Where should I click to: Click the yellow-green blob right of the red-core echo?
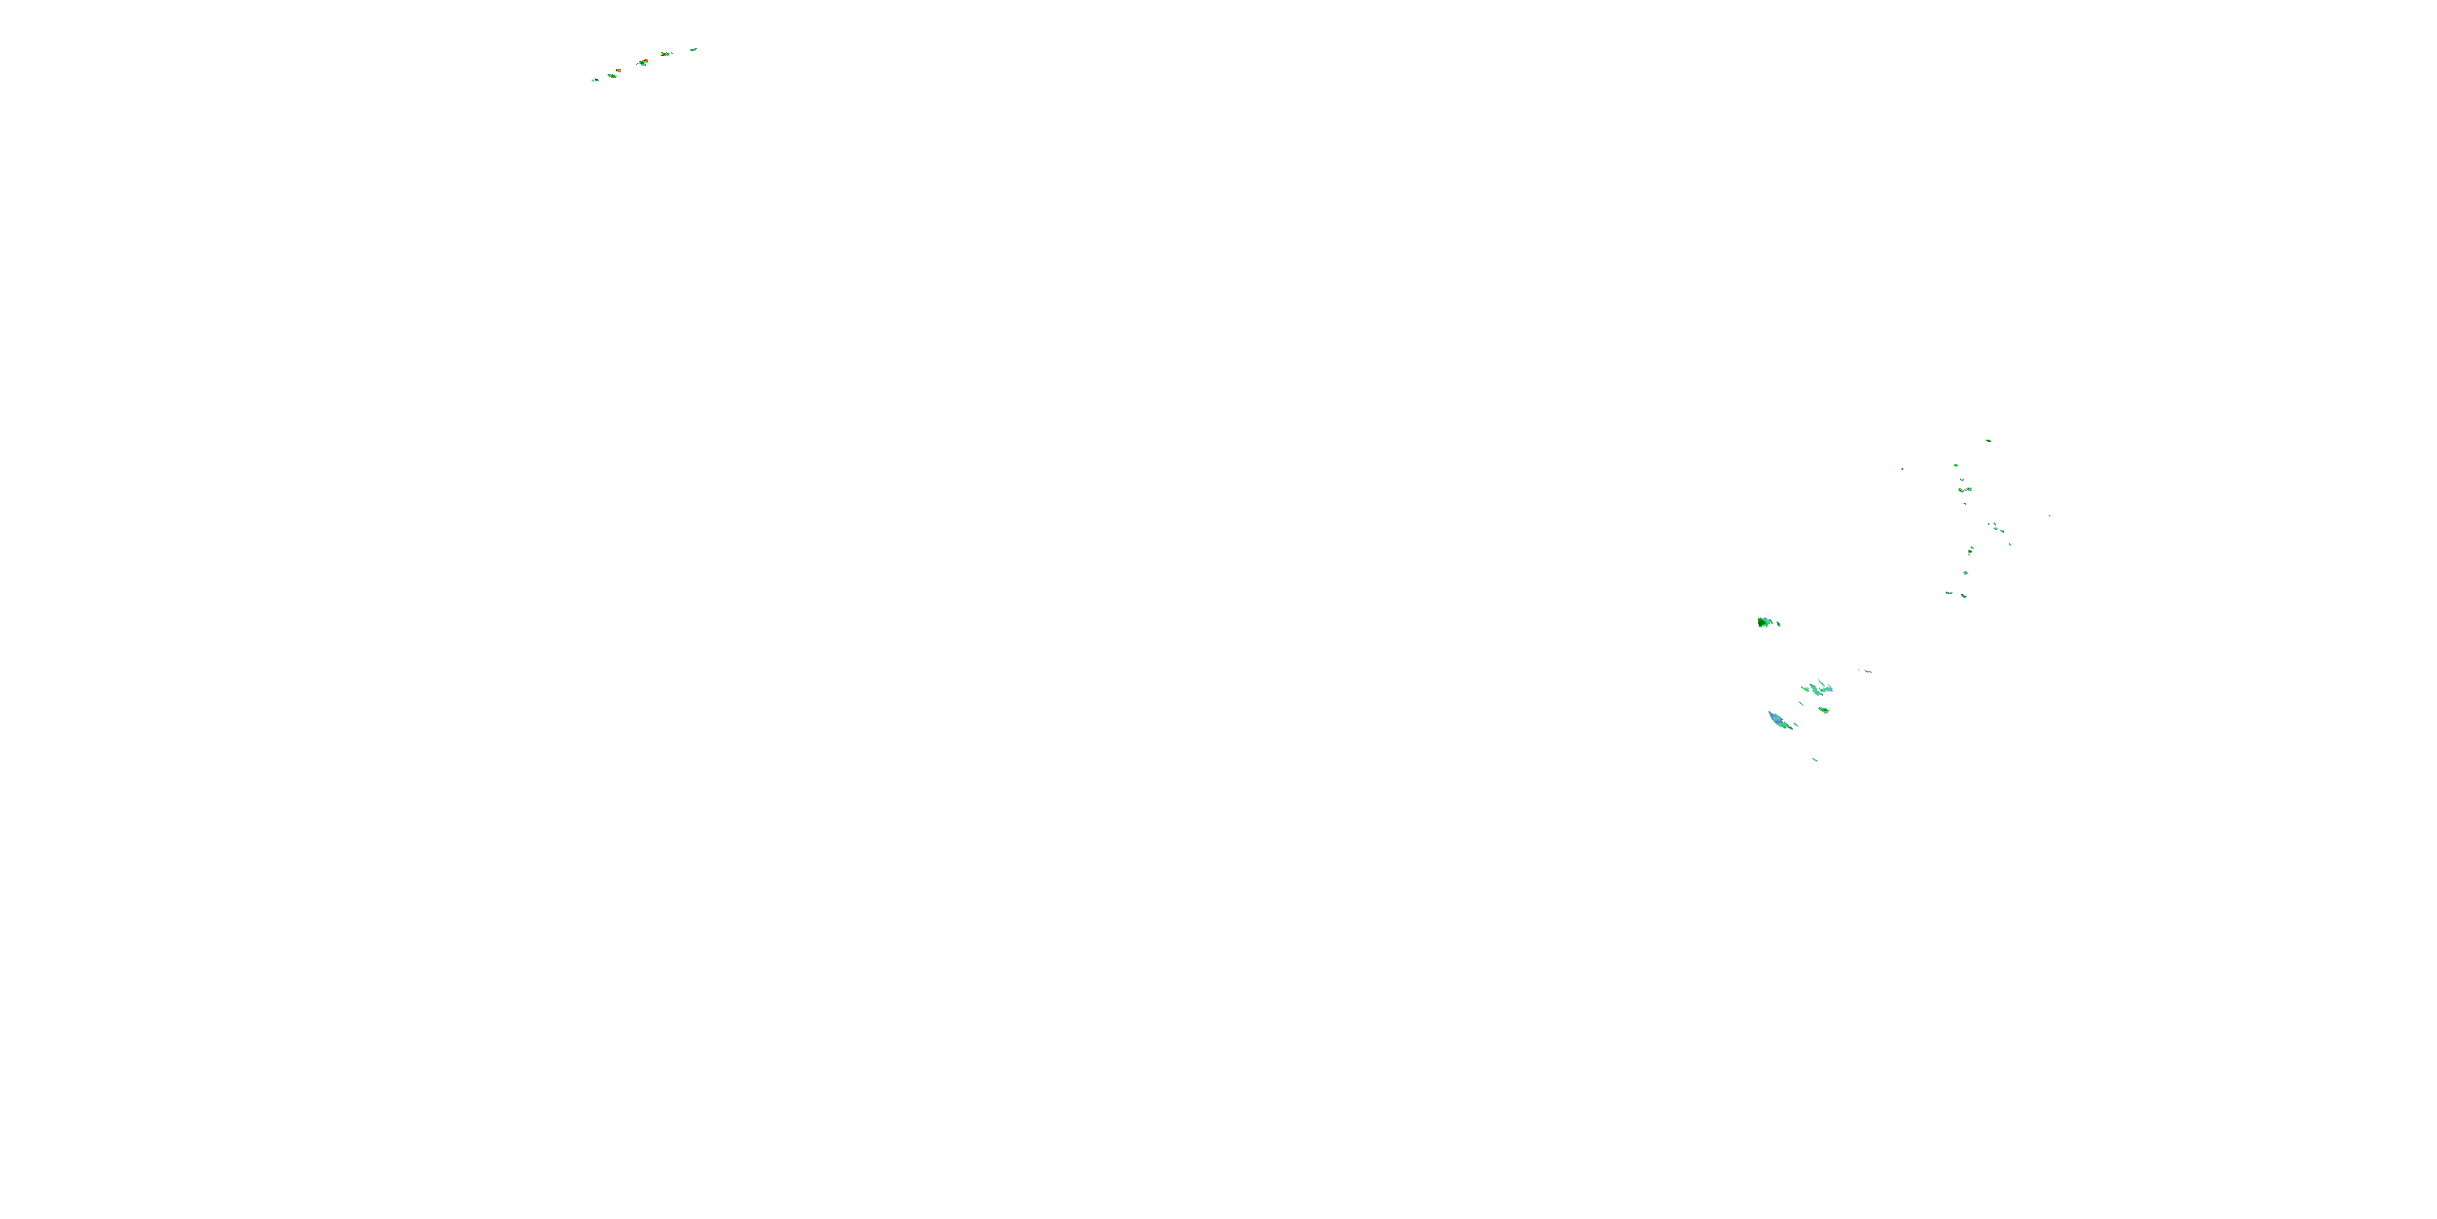tap(666, 54)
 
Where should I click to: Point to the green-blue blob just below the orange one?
tap(612, 76)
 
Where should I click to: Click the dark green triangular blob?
tap(1764, 622)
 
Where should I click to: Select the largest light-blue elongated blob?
tap(1777, 720)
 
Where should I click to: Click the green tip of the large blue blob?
tap(1787, 727)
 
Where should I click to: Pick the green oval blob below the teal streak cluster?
tap(1823, 709)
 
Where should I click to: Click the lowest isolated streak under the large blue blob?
tap(1815, 759)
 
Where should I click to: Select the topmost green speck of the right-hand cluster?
tap(1988, 440)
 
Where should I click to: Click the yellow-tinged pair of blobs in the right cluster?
tap(1964, 489)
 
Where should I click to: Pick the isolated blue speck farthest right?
tap(2050, 516)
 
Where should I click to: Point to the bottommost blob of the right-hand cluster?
tap(1964, 596)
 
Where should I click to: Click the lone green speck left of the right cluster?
tap(1902, 468)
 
